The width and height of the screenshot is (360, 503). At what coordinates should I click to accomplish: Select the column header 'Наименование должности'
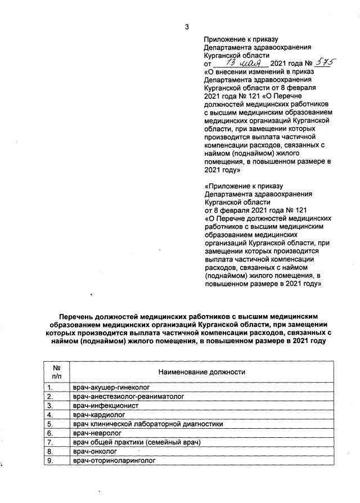[x=202, y=372]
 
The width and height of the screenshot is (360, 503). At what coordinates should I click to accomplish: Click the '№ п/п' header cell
[x=57, y=372]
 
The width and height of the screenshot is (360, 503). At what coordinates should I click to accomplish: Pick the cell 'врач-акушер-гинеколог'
[x=112, y=388]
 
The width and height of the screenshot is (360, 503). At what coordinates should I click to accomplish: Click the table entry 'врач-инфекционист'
[x=105, y=406]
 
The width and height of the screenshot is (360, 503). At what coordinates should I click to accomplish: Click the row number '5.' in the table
[x=50, y=424]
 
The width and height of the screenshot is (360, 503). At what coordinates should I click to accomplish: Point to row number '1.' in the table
[x=50, y=388]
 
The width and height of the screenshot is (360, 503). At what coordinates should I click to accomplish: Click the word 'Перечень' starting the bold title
[x=82, y=317]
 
